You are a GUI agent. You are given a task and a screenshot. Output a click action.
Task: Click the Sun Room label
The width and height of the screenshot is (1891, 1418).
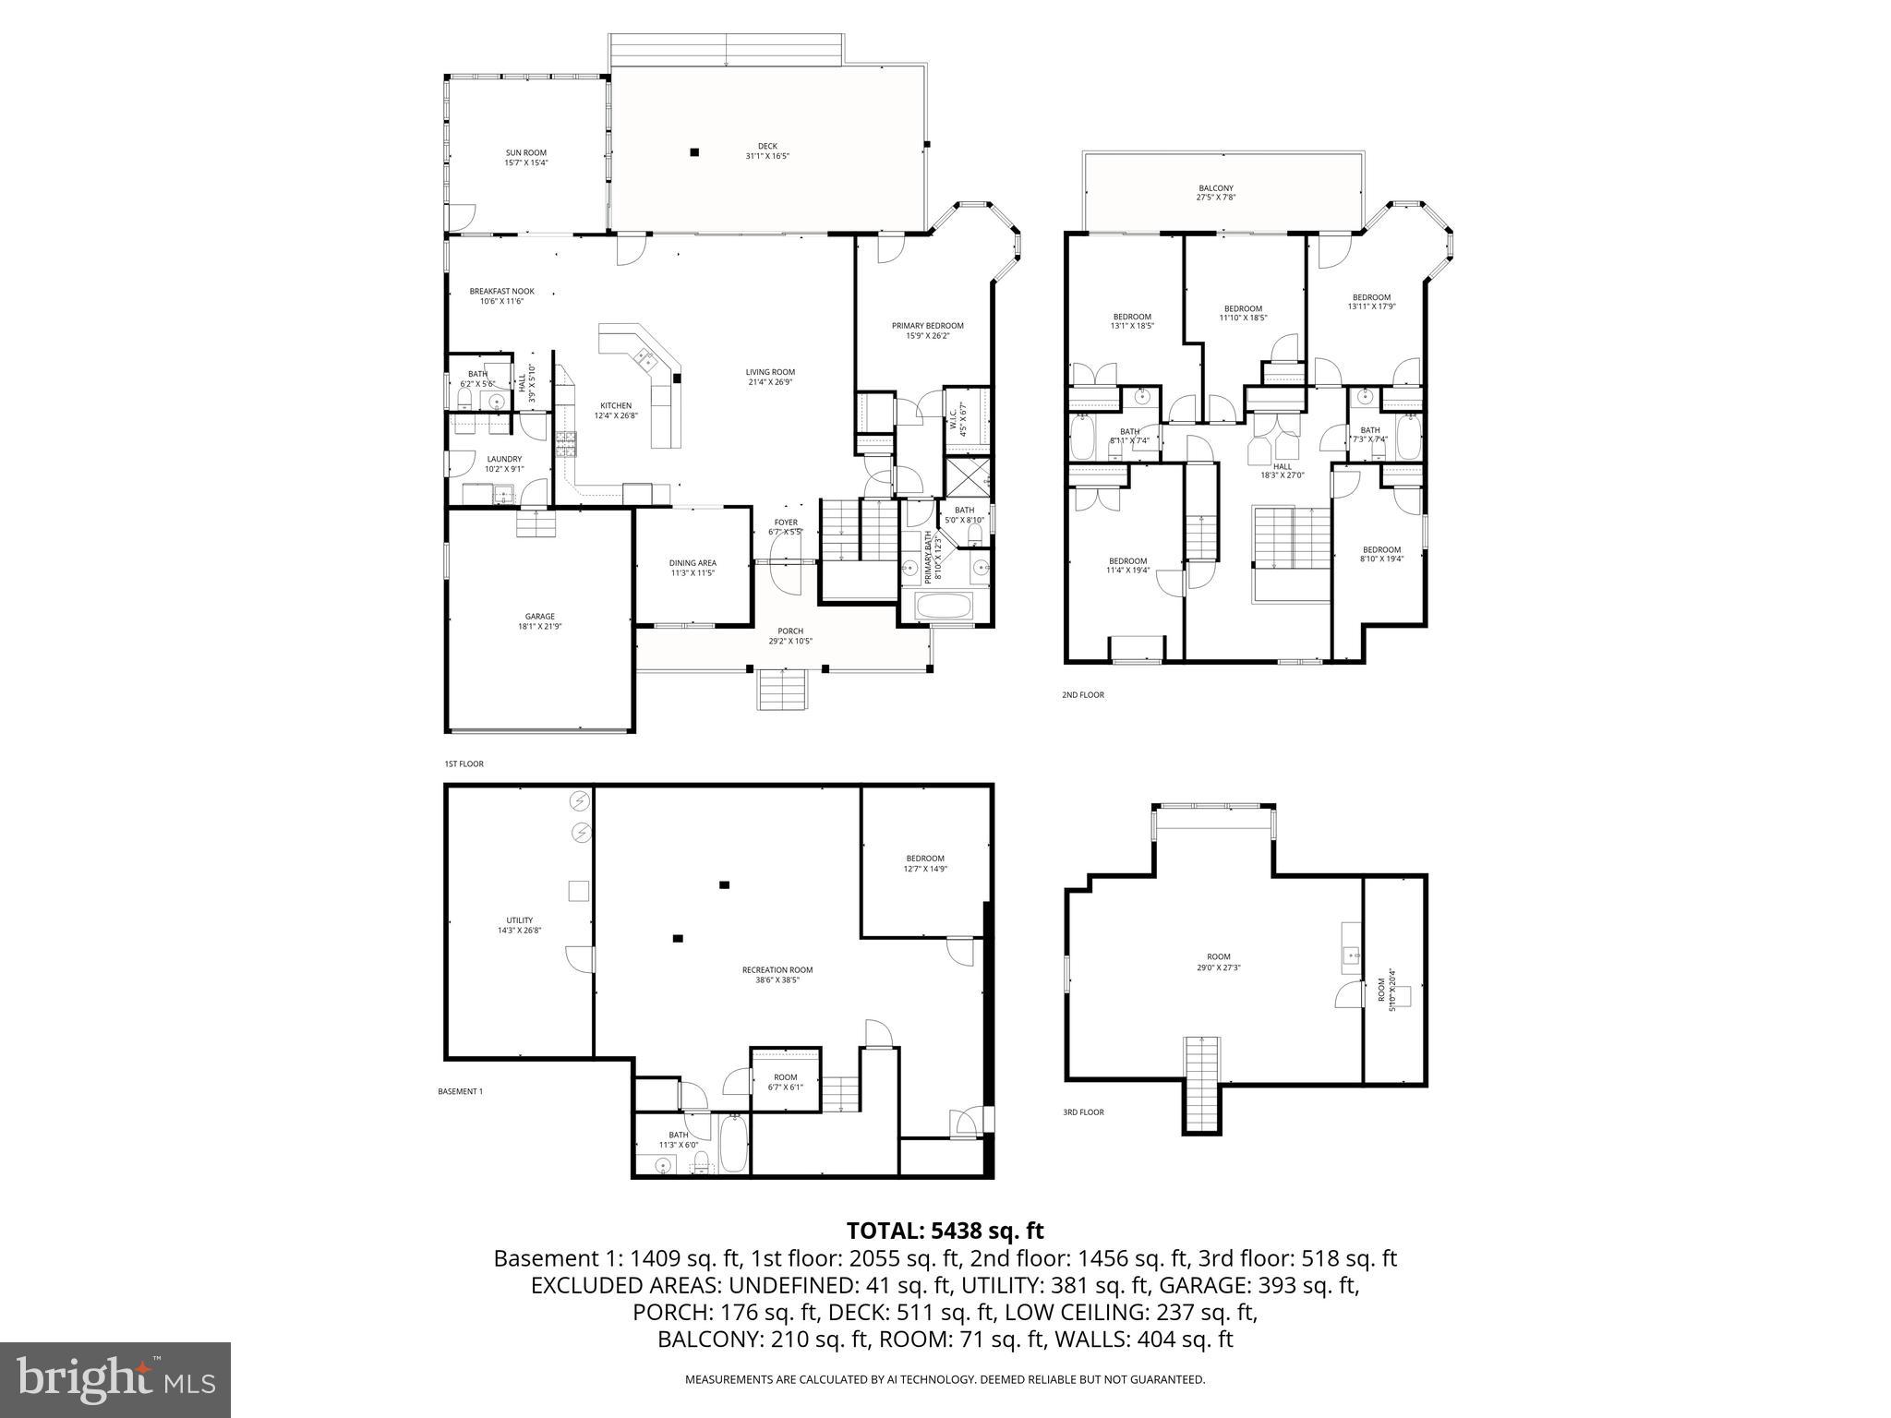[525, 153]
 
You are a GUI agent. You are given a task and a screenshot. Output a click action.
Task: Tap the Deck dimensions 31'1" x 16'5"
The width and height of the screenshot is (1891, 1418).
[767, 157]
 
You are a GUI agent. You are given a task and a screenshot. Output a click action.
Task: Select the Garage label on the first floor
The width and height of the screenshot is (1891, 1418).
[540, 617]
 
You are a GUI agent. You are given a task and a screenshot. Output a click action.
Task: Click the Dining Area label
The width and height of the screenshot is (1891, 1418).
[693, 563]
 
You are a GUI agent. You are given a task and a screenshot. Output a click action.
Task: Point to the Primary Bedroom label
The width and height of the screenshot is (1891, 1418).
[927, 326]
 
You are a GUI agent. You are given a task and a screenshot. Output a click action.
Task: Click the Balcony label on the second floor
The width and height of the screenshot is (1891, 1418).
[1216, 188]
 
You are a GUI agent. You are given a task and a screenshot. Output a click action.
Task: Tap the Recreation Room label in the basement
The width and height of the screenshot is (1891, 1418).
[777, 969]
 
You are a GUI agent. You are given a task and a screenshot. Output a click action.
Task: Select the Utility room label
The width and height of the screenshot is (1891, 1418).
[519, 920]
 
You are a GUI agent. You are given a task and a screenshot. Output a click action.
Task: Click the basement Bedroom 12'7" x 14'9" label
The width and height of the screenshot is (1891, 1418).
[925, 859]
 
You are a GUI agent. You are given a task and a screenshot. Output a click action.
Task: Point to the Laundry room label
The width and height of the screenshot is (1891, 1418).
[504, 459]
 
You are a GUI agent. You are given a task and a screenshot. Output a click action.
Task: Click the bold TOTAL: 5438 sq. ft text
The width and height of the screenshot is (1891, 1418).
[945, 1231]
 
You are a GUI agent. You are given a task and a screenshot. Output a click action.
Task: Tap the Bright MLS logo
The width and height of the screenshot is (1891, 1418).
[114, 1379]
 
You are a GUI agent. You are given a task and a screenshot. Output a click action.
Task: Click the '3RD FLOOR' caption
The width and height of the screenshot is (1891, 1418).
[1083, 1112]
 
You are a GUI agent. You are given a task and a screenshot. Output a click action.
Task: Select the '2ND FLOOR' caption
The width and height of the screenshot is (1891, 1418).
[1083, 694]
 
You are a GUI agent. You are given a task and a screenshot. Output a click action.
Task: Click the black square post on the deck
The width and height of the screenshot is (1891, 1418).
[694, 152]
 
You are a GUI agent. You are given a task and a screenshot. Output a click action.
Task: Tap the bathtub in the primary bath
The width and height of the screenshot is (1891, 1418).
[942, 607]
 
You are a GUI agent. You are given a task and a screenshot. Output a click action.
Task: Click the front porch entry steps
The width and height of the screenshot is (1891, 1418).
[783, 689]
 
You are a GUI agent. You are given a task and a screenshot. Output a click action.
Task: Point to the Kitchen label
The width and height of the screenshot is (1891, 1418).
[616, 406]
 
